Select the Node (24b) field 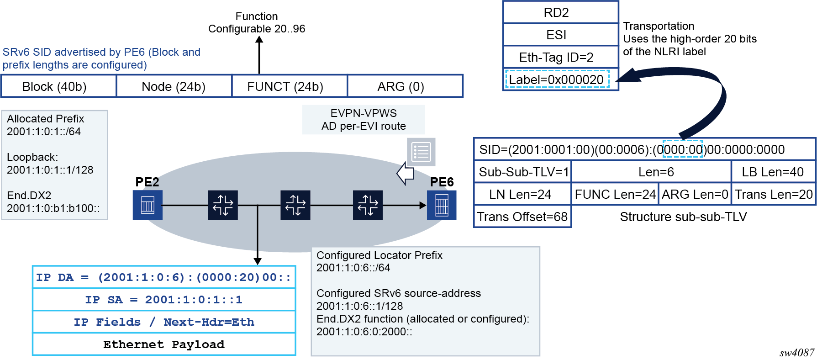pyautogui.click(x=174, y=86)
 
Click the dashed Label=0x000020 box pyautogui.click(x=557, y=79)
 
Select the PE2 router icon pyautogui.click(x=147, y=205)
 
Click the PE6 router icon pyautogui.click(x=442, y=205)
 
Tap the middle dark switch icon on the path pyautogui.click(x=295, y=205)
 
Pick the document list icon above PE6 pyautogui.click(x=421, y=152)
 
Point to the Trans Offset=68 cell pyautogui.click(x=522, y=217)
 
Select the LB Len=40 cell pyautogui.click(x=773, y=172)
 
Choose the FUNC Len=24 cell pyautogui.click(x=615, y=194)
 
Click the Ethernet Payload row pyautogui.click(x=164, y=344)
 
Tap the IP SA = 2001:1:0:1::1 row pyautogui.click(x=164, y=300)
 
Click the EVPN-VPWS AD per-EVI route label pyautogui.click(x=364, y=120)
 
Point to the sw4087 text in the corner pyautogui.click(x=796, y=353)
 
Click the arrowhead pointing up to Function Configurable pyautogui.click(x=259, y=40)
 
